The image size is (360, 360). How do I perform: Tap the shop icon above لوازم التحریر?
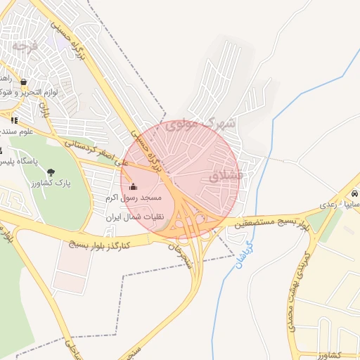pos(25,82)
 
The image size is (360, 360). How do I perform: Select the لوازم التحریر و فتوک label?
pos(28,92)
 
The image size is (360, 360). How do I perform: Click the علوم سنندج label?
pos(17,131)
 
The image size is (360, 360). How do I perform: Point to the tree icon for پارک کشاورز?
pos(51,172)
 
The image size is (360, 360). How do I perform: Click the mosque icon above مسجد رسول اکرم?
pos(134,186)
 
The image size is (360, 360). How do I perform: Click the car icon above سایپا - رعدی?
pos(354,193)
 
